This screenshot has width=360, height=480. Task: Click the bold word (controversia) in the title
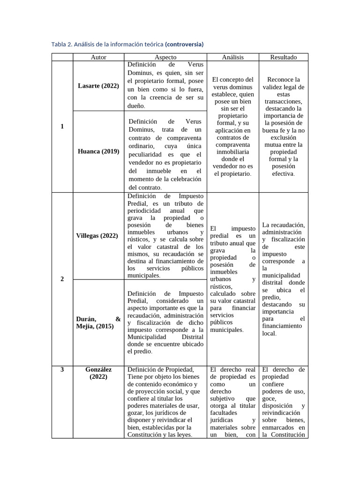pos(184,44)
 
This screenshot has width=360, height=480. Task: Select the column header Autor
pos(98,57)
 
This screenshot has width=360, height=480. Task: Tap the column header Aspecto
pos(165,57)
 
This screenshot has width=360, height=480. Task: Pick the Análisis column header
pos(232,57)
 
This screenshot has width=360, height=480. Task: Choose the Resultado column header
pos(283,57)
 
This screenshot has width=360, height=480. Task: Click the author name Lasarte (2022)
pos(98,86)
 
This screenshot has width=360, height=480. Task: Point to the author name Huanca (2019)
pos(98,151)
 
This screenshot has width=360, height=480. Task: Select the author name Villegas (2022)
pos(97,235)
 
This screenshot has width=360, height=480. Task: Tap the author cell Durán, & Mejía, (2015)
pos(98,322)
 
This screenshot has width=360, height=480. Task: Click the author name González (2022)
pos(98,373)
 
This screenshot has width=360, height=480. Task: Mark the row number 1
pos(62,126)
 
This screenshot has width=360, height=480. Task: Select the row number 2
pos(62,279)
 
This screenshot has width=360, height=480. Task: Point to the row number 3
pos(62,369)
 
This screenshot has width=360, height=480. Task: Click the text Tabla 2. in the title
pos(61,44)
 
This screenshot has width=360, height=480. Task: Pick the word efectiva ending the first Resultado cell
pos(283,173)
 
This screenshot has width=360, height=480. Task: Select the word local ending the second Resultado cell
pos(269,333)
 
